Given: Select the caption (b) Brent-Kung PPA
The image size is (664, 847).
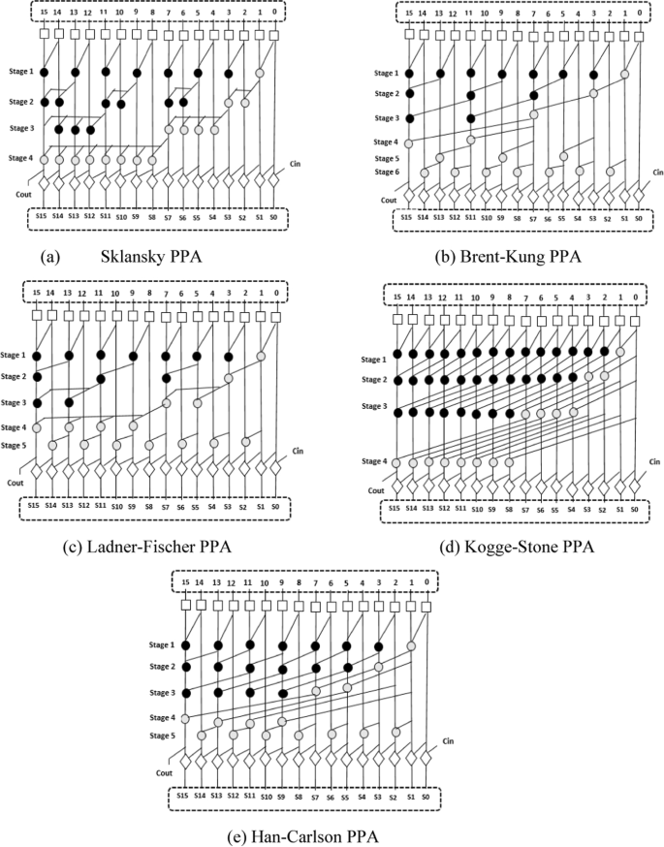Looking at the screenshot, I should (503, 258).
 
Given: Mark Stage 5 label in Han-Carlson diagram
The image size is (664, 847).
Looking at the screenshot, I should (168, 734).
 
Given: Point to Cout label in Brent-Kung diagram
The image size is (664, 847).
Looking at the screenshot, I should (389, 201).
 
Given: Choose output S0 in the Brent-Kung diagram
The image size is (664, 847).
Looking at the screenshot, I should (638, 218).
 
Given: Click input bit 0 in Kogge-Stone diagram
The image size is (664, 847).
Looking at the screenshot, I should (636, 297).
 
